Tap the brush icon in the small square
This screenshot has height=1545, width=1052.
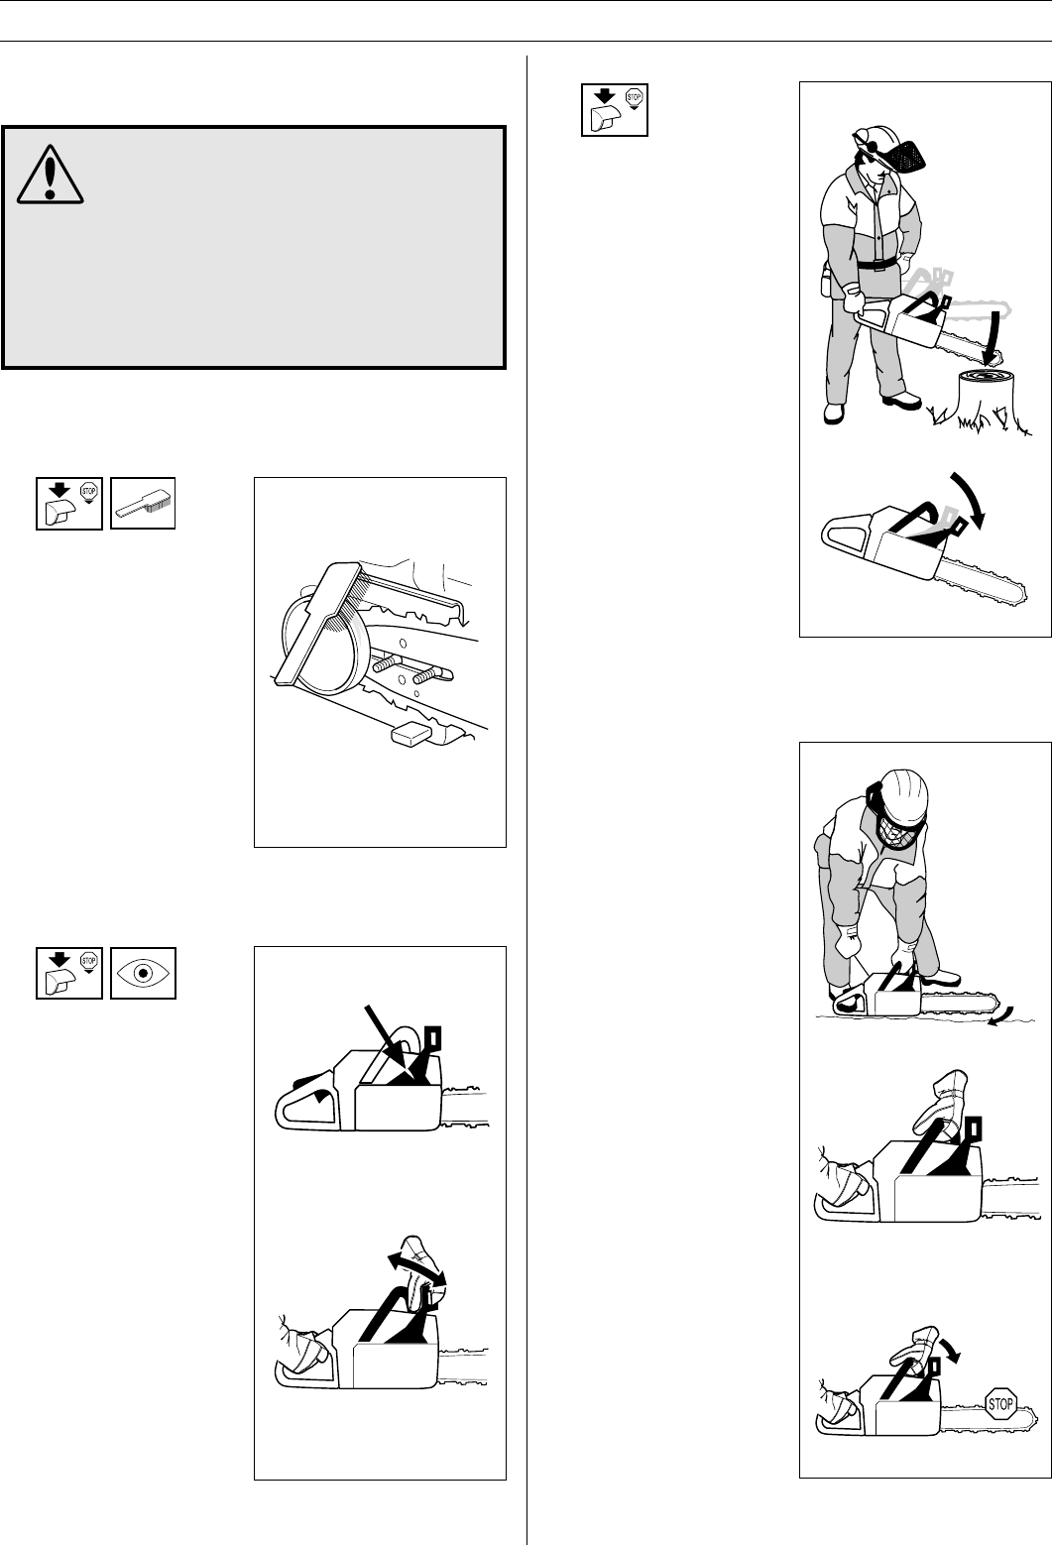[x=143, y=504]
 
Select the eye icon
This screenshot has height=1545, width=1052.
[x=143, y=973]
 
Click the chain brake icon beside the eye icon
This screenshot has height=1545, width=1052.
[x=69, y=973]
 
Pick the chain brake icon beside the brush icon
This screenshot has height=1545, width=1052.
[x=69, y=504]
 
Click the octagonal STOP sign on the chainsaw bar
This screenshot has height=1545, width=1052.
[x=999, y=1403]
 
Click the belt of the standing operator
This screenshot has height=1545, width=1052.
[x=873, y=265]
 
